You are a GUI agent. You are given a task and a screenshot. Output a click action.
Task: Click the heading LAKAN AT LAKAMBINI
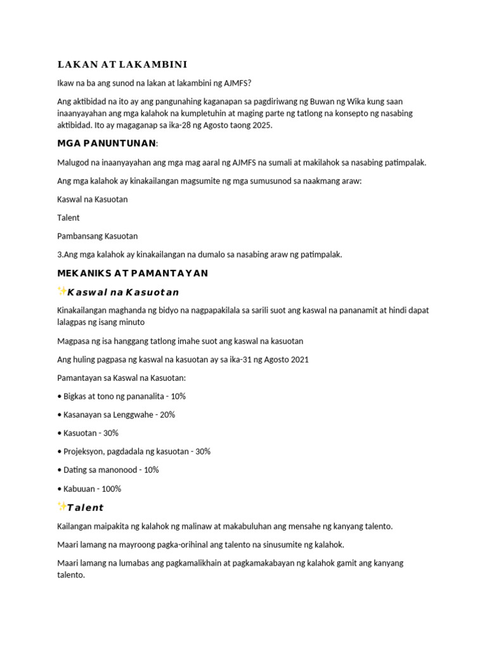pyautogui.click(x=122, y=65)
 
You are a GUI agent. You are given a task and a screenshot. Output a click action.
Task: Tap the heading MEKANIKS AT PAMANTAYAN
pyautogui.click(x=133, y=273)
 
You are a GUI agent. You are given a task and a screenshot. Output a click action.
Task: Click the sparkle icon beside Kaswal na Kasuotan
pyautogui.click(x=62, y=291)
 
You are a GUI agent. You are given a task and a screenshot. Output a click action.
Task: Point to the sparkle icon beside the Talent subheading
pyautogui.click(x=62, y=507)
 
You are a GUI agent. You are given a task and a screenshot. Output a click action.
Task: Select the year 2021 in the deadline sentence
pyautogui.click(x=299, y=359)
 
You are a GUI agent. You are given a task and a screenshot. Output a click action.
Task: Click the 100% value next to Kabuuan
pyautogui.click(x=111, y=489)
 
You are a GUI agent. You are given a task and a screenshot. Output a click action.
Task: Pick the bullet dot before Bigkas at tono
pyautogui.click(x=59, y=396)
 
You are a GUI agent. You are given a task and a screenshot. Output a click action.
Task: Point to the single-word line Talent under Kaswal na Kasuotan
pyautogui.click(x=68, y=218)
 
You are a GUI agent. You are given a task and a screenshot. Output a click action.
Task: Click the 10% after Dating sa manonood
pyautogui.click(x=151, y=470)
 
